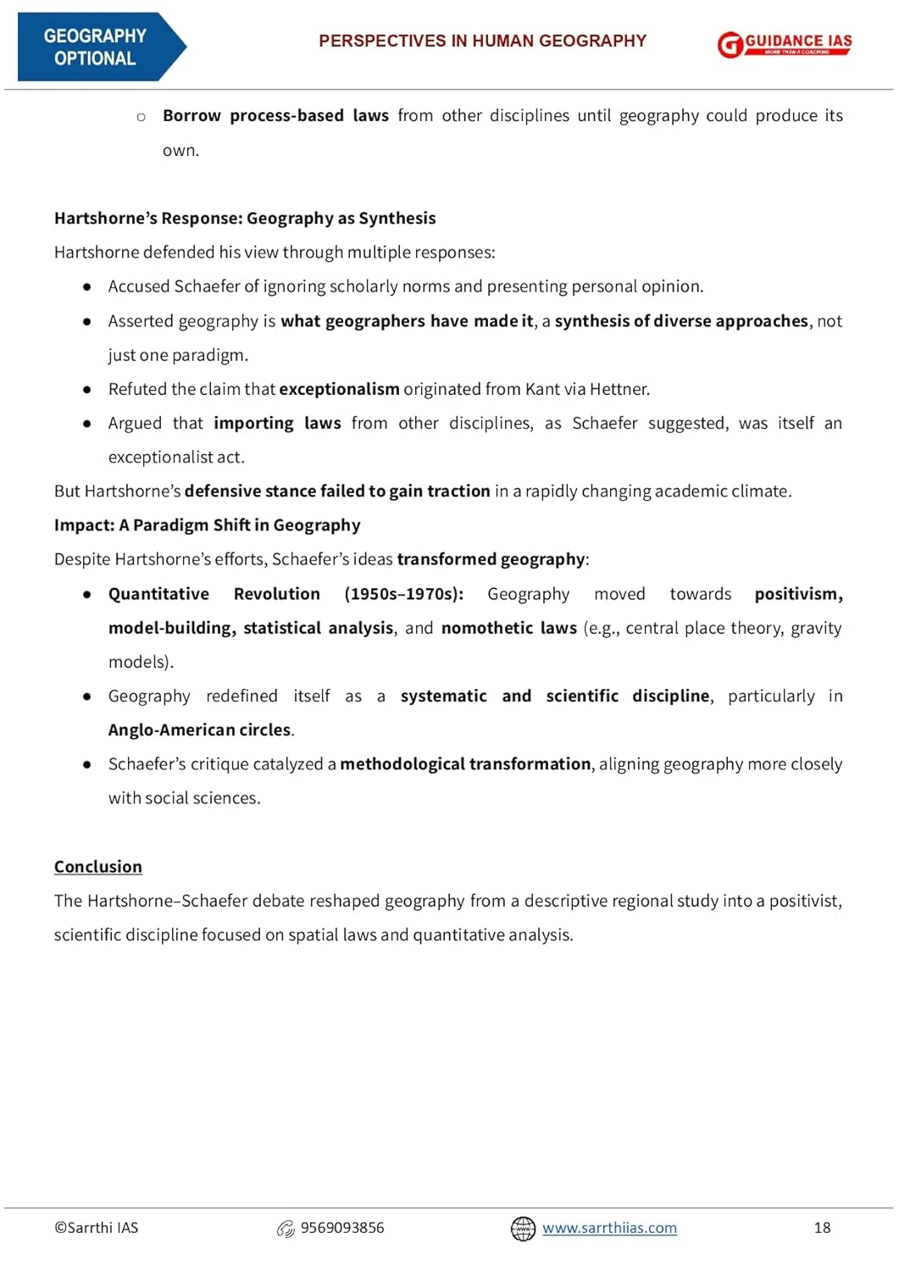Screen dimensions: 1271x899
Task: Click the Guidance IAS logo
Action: click(784, 44)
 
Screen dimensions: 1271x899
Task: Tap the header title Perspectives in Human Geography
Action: click(482, 41)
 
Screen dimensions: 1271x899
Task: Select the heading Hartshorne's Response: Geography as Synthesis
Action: click(245, 218)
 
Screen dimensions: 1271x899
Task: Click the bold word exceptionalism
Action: click(339, 389)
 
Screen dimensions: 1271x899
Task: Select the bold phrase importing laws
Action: click(277, 423)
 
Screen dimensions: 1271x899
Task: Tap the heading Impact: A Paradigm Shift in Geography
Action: click(207, 525)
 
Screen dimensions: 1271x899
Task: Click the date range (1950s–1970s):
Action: click(403, 594)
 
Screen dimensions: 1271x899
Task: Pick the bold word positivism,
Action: click(798, 594)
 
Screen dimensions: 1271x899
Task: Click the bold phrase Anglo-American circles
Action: click(200, 730)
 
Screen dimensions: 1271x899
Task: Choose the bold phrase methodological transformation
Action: click(465, 764)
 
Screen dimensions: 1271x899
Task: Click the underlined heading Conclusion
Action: click(98, 867)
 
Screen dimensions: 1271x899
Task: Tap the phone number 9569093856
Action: click(342, 1228)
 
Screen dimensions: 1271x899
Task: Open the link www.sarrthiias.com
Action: click(609, 1228)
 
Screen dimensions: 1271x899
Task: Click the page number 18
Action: click(822, 1228)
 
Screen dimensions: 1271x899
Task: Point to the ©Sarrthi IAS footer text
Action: click(96, 1228)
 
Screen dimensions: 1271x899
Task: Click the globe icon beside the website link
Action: click(523, 1229)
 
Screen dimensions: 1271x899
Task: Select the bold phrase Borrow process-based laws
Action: click(275, 116)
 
